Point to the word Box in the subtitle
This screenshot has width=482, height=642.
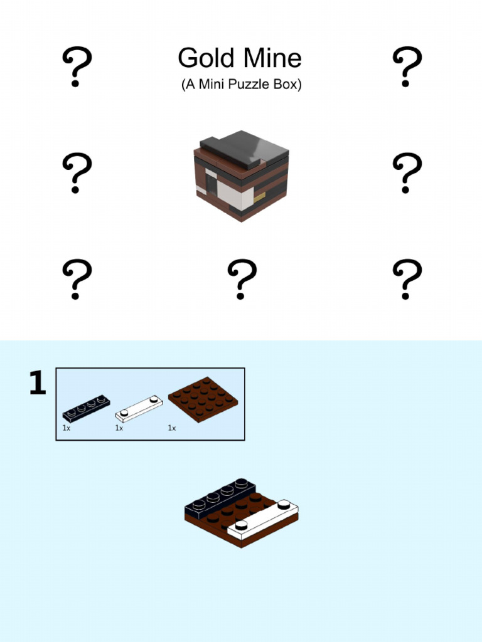(286, 85)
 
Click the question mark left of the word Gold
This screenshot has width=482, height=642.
(77, 66)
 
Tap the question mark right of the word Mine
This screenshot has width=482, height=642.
(406, 66)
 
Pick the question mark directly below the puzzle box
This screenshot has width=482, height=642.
(242, 280)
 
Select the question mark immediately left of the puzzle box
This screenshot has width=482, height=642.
(77, 173)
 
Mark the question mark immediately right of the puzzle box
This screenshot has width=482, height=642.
(406, 173)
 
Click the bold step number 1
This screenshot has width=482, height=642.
(38, 384)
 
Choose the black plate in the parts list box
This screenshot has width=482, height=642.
(86, 408)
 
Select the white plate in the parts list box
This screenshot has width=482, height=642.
(139, 408)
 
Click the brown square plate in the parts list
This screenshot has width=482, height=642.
(203, 399)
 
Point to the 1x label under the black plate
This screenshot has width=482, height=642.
(66, 428)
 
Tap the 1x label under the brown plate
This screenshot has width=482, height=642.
(171, 428)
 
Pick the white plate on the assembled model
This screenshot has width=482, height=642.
(262, 520)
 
